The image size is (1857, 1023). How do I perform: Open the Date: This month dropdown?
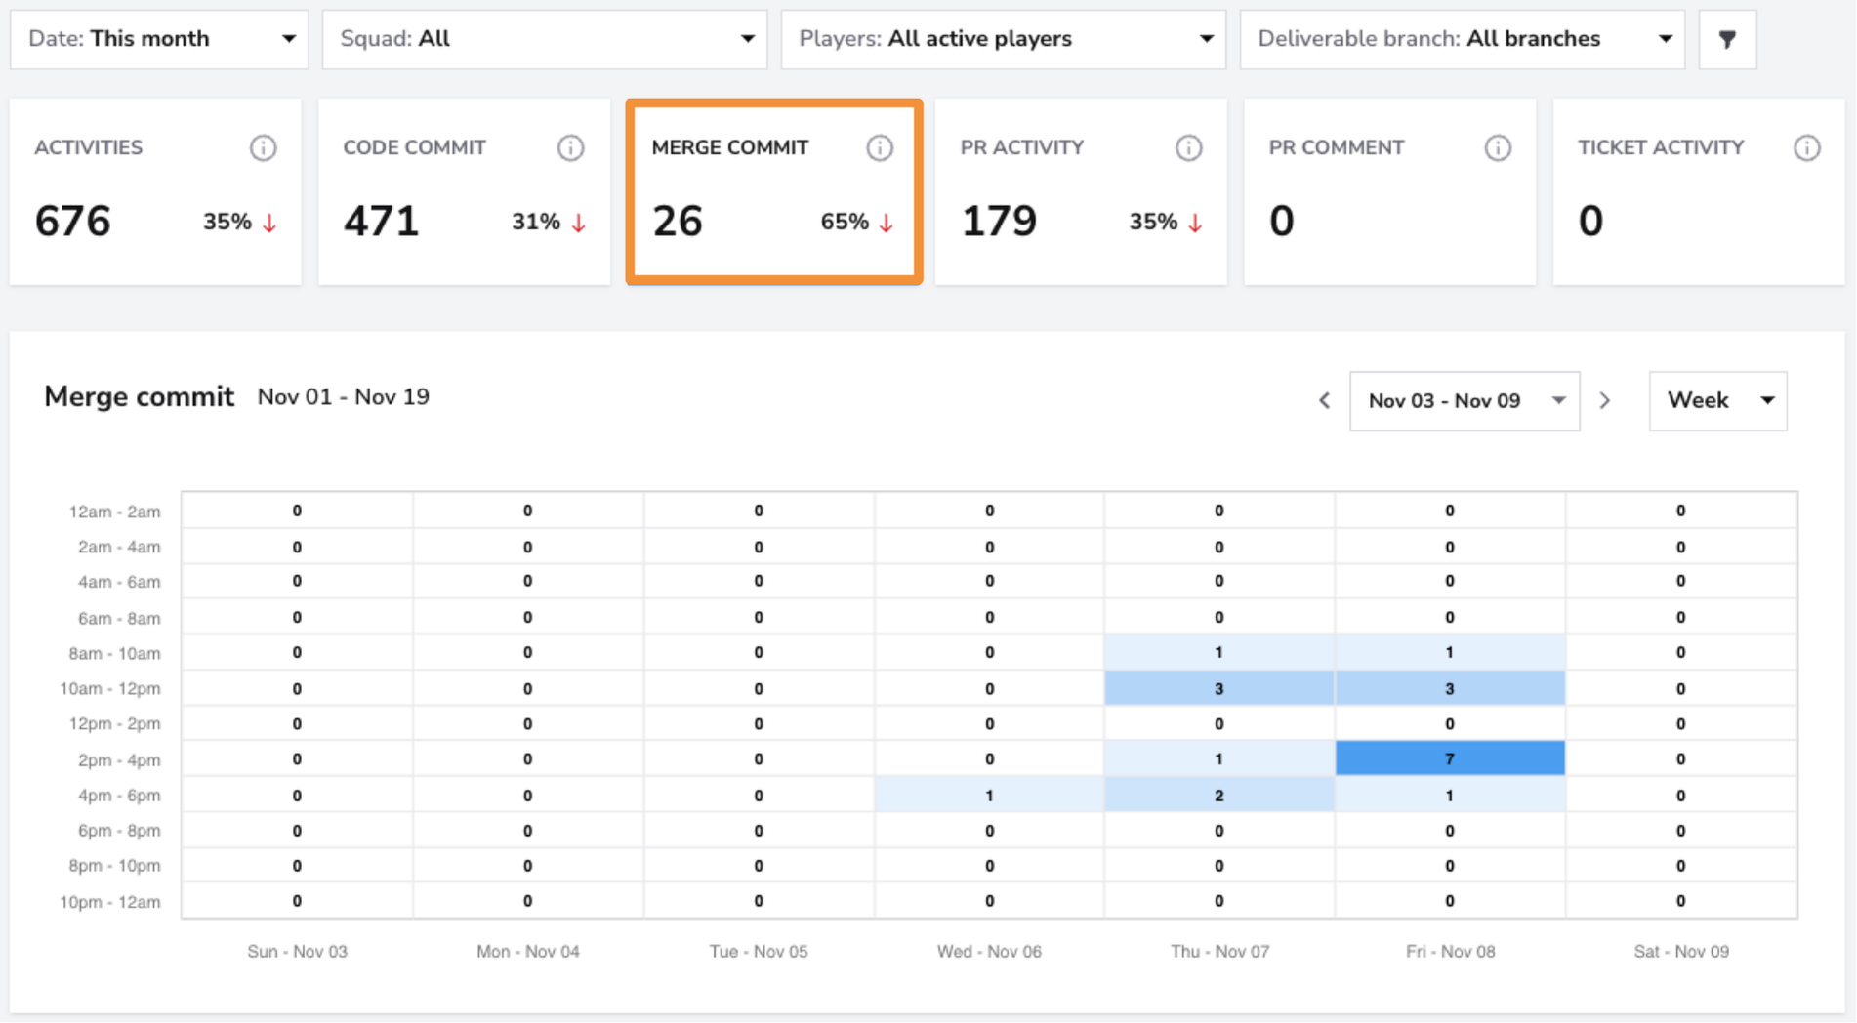(x=159, y=39)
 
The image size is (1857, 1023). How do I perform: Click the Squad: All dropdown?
(x=545, y=39)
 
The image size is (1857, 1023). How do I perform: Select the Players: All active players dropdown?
(x=1004, y=39)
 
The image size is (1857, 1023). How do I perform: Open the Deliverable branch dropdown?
(x=1463, y=39)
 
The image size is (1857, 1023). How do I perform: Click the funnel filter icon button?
(x=1727, y=39)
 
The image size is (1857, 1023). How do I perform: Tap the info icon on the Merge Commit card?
(x=880, y=147)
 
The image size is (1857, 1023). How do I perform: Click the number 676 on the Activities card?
(x=73, y=221)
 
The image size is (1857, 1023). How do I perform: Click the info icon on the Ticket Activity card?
(x=1807, y=147)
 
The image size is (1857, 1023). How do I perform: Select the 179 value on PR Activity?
(x=999, y=221)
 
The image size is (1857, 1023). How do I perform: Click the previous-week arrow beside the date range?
(x=1325, y=400)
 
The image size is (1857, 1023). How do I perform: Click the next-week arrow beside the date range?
(x=1605, y=400)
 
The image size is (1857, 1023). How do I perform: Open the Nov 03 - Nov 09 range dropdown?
(x=1465, y=400)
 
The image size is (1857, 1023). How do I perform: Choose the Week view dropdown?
(x=1718, y=400)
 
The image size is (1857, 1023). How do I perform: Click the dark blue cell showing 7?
(x=1450, y=758)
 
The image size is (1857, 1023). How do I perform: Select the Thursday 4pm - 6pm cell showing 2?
(x=1219, y=795)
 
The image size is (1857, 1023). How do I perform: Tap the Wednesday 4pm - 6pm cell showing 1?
(x=989, y=795)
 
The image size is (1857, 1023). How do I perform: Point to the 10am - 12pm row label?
(x=110, y=688)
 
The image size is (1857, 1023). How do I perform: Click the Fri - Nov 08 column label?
(x=1450, y=951)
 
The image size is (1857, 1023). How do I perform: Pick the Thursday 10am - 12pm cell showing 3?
(x=1219, y=688)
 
